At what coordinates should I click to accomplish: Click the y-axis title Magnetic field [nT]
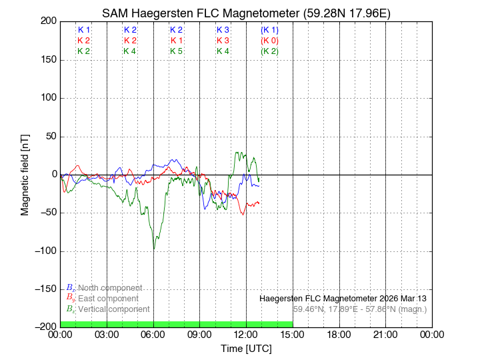coord(25,174)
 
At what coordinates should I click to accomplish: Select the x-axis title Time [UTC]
coord(246,349)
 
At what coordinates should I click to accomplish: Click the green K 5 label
coord(176,51)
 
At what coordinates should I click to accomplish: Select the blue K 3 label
coord(223,30)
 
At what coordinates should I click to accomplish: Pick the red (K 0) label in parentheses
coord(269,41)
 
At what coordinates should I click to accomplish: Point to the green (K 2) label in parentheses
coord(269,51)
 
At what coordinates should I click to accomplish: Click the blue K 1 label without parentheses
coord(84,30)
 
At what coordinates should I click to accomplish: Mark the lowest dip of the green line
coord(154,249)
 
